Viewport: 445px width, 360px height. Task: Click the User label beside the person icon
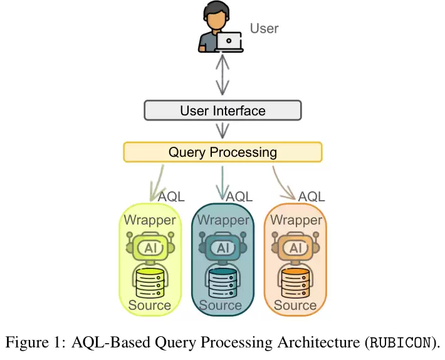click(264, 28)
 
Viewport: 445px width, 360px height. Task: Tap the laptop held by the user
click(229, 42)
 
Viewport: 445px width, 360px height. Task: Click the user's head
click(216, 16)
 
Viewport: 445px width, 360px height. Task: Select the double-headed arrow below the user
click(223, 75)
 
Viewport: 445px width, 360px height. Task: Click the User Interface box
click(223, 110)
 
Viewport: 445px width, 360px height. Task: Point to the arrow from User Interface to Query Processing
click(223, 130)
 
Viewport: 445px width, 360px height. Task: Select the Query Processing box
click(223, 152)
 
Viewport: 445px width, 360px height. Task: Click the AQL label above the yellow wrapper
click(171, 196)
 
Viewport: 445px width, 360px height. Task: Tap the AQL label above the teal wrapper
click(239, 196)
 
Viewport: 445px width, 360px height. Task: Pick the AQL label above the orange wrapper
click(311, 196)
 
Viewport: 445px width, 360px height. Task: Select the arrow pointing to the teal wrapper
click(223, 183)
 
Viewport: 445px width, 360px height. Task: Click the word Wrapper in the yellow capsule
click(150, 220)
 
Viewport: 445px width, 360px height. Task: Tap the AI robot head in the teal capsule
click(223, 246)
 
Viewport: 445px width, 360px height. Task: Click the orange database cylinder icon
click(295, 283)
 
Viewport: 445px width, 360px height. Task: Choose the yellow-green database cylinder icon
click(150, 283)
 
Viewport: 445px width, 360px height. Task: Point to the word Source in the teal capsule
click(221, 305)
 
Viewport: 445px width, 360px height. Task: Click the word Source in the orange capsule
click(295, 305)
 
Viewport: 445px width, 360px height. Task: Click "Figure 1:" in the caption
click(36, 342)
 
